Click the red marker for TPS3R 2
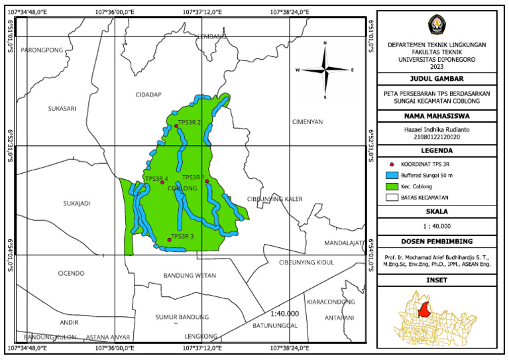point(176,126)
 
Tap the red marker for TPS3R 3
point(169,240)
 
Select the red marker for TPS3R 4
point(162,182)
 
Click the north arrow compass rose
point(325,70)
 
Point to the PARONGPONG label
point(41,50)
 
